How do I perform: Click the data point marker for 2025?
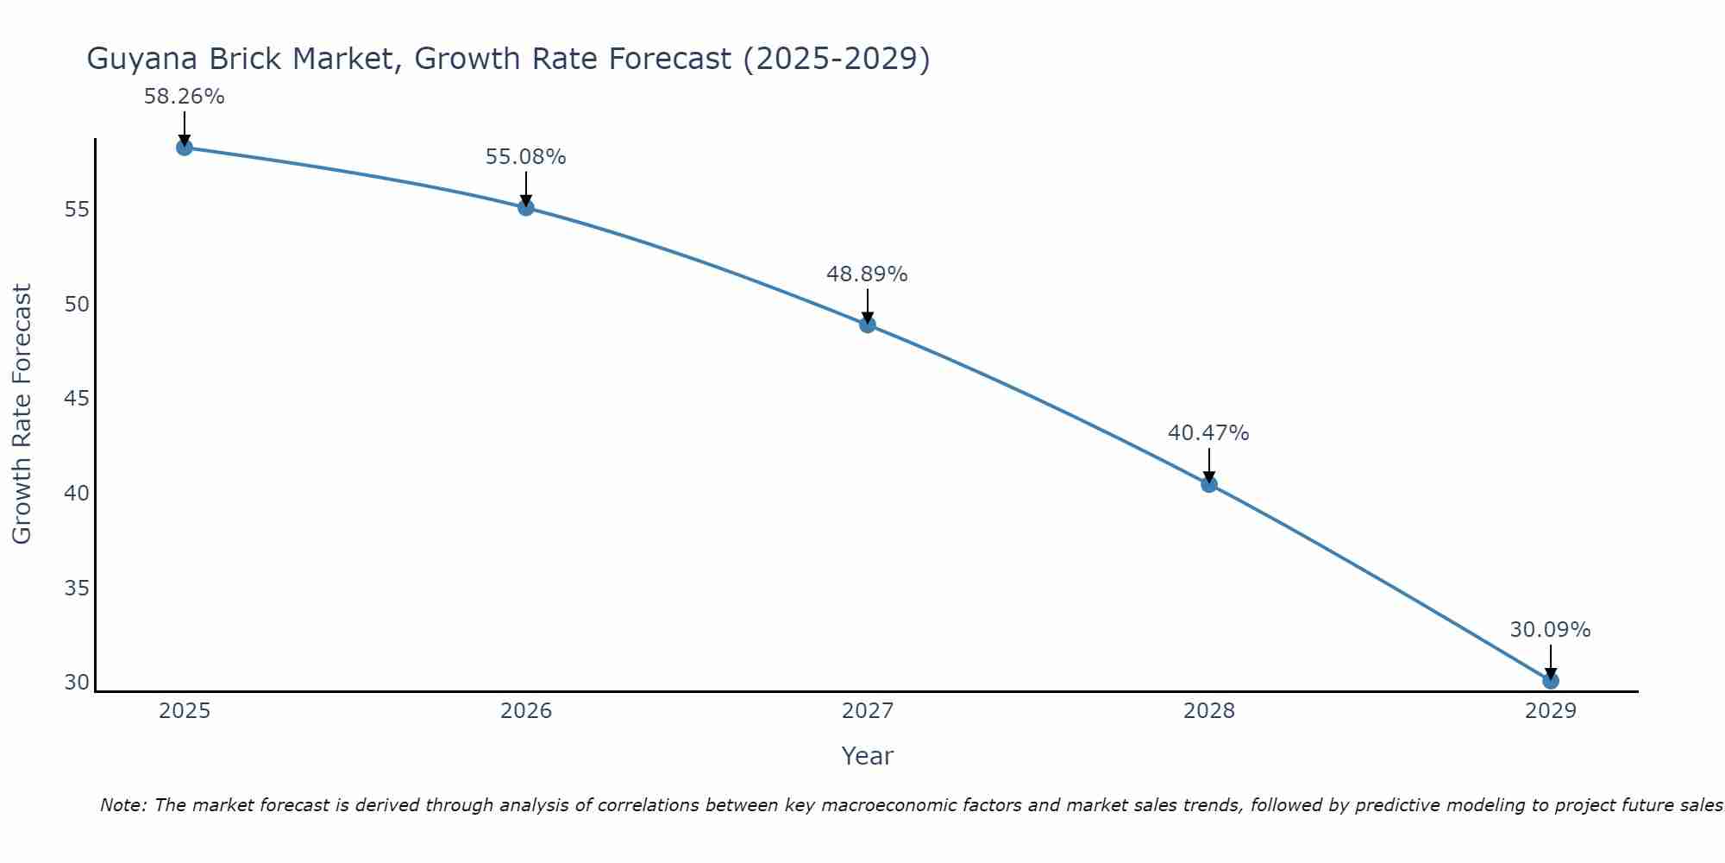(184, 148)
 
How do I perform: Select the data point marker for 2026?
(526, 207)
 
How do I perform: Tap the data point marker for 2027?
(868, 324)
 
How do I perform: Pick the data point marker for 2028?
(1209, 484)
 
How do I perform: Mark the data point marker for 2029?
(1551, 681)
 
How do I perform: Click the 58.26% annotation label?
(184, 97)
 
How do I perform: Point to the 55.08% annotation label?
(526, 157)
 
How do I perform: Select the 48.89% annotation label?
(867, 274)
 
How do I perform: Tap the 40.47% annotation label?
(1208, 433)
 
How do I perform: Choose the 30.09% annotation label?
(1550, 630)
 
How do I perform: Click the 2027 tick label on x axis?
(868, 711)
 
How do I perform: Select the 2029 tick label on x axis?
(1551, 711)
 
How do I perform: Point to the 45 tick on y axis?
(77, 399)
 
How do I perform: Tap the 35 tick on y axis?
(77, 589)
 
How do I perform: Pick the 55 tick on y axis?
(77, 210)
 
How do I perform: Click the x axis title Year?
(867, 756)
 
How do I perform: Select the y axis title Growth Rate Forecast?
(22, 414)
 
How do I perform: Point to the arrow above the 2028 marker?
(1209, 466)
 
